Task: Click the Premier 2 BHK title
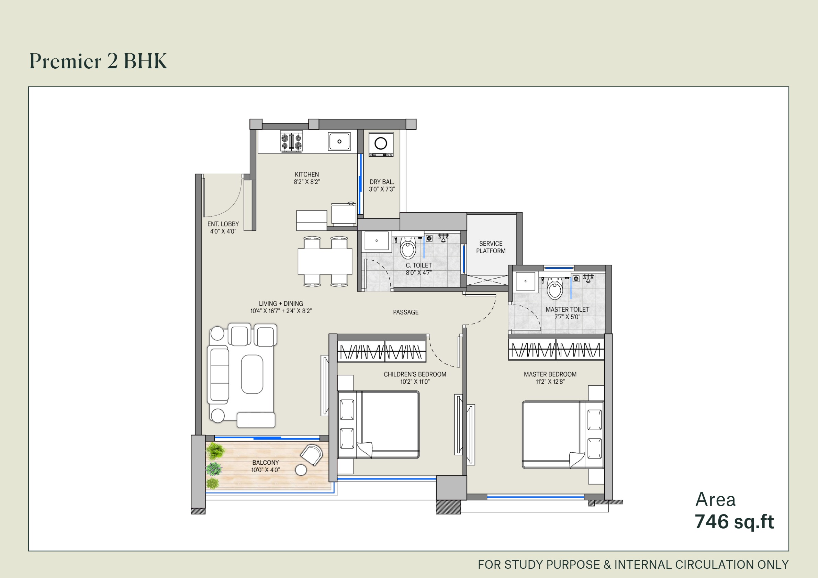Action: [x=98, y=61]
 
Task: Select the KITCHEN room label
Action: [x=307, y=174]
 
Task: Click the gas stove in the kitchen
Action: [x=291, y=141]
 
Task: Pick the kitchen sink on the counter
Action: [x=339, y=141]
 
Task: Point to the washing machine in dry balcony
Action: [x=381, y=144]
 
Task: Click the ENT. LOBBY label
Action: [x=223, y=224]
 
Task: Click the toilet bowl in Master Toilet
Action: [x=555, y=289]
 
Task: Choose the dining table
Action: [x=325, y=261]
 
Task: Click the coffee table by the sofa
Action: [x=252, y=374]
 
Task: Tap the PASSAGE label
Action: [x=405, y=312]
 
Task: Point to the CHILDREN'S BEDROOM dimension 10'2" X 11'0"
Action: [x=415, y=382]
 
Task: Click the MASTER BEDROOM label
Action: [x=550, y=374]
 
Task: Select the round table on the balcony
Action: [x=301, y=470]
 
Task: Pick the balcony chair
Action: [x=312, y=454]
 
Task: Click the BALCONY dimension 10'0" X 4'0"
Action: [x=266, y=470]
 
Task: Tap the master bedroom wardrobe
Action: [x=556, y=350]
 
